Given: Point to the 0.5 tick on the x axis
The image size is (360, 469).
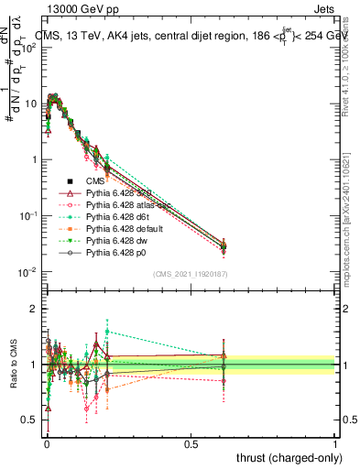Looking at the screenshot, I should click(x=191, y=443).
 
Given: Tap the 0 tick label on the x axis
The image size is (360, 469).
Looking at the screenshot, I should click(x=46, y=443).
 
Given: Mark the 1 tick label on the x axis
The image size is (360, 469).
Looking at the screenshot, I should click(x=336, y=443).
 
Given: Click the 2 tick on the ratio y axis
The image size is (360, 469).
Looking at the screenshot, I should click(x=33, y=309).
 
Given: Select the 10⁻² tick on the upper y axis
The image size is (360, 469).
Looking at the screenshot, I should click(x=27, y=272).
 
